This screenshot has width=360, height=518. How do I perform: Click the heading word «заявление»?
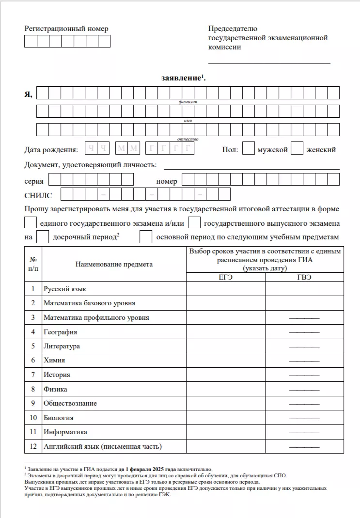181,78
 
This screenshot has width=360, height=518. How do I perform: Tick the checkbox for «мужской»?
248,149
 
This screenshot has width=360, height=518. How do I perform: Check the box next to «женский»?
297,149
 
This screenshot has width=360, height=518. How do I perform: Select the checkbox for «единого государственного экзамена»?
31,223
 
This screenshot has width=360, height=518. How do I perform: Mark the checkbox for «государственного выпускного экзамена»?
194,223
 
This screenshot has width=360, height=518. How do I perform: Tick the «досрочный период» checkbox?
43,237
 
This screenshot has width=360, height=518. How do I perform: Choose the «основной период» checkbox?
146,237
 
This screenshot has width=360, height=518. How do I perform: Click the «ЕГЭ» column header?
226,277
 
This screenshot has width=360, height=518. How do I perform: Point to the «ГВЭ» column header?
304,277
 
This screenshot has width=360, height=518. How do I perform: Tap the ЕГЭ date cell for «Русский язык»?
226,289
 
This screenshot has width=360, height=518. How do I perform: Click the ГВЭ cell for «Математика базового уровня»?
304,303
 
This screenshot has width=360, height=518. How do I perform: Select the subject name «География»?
61,332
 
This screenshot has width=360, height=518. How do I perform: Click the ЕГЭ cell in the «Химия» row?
226,360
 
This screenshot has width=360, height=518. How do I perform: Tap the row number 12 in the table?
33,446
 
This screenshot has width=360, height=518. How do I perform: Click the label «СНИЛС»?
38,195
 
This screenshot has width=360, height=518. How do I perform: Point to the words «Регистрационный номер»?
66,29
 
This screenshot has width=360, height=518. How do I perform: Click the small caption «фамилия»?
188,102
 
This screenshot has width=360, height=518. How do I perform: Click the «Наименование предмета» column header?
114,264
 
